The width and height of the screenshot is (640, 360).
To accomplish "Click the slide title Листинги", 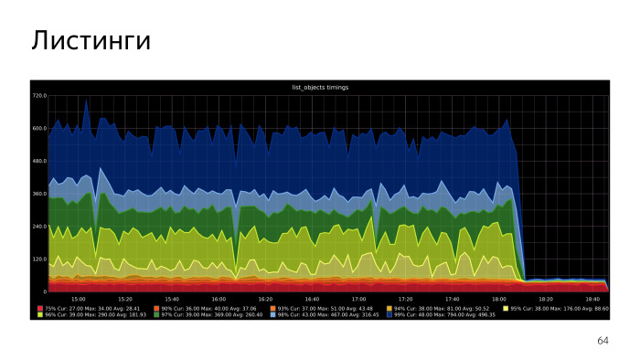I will click(x=90, y=41).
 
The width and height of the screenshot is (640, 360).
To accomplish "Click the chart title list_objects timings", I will click(x=319, y=87).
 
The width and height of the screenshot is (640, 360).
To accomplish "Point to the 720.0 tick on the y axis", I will click(x=39, y=95).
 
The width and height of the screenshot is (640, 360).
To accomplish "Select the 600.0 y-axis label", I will click(x=39, y=128).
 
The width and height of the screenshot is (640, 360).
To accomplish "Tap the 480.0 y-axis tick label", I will click(x=39, y=161).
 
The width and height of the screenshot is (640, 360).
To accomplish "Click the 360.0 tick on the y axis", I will click(x=39, y=194).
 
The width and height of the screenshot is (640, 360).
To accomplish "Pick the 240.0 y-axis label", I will click(x=39, y=227).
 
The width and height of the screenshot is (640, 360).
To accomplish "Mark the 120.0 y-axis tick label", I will click(x=39, y=259).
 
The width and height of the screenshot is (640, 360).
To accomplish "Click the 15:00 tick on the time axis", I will click(x=79, y=299).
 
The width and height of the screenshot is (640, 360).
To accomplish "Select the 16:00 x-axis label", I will click(x=219, y=299).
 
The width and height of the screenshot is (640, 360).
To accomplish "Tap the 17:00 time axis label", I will click(x=359, y=299).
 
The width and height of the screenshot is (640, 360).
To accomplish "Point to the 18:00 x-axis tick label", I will click(x=499, y=299).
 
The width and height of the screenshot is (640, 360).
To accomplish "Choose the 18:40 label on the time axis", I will click(x=592, y=299).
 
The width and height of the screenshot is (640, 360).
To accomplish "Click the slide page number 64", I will click(x=602, y=340).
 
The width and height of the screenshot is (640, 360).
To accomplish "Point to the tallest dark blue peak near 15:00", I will click(x=87, y=100).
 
